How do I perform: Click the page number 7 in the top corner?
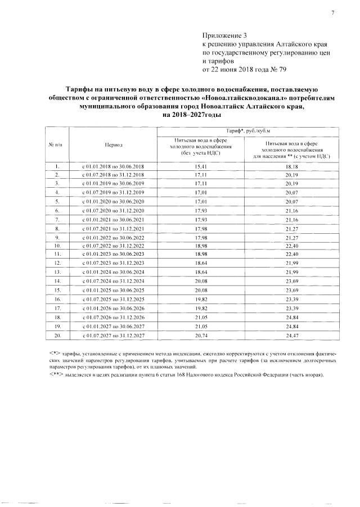click(x=332, y=12)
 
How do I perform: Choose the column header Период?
click(x=114, y=144)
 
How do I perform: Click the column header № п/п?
click(x=57, y=144)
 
